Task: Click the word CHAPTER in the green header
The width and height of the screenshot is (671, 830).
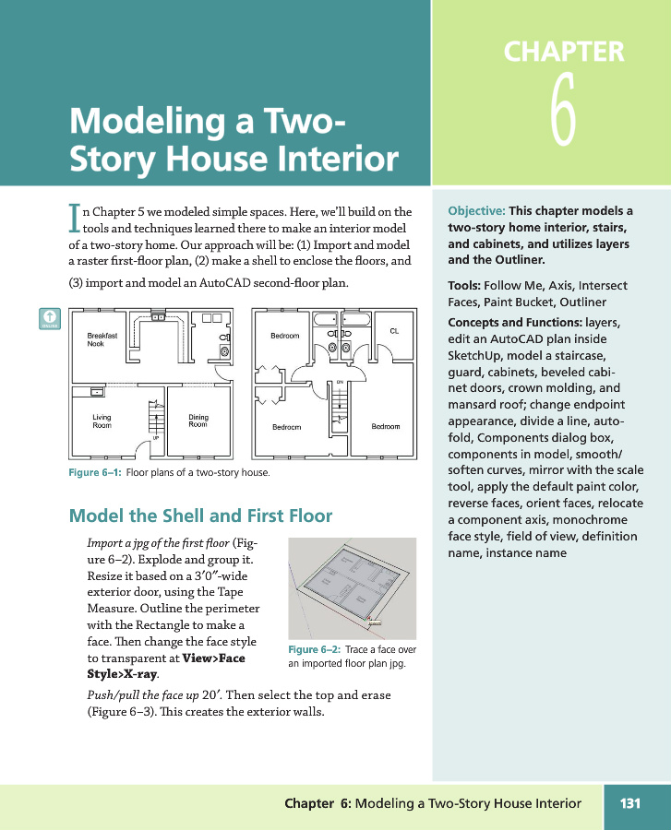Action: click(563, 51)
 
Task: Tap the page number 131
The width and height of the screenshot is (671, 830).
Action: click(629, 803)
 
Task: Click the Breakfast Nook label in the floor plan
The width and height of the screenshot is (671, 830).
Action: click(102, 339)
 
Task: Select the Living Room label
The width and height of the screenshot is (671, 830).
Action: click(102, 421)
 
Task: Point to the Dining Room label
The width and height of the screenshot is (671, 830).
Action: click(198, 421)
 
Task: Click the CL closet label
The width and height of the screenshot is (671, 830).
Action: click(394, 330)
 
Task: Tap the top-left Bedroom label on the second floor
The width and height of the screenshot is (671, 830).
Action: click(284, 336)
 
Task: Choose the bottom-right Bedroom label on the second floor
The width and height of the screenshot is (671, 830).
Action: click(385, 426)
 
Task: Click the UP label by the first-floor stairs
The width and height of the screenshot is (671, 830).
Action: click(155, 437)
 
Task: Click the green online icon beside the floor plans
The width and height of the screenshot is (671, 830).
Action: click(49, 318)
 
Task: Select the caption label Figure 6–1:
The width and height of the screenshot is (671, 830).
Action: click(95, 473)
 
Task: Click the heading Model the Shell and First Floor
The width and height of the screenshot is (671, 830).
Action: click(200, 516)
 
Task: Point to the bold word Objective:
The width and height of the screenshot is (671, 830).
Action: click(475, 210)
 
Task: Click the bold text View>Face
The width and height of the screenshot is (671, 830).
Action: click(214, 658)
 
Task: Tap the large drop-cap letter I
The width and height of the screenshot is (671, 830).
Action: click(75, 217)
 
